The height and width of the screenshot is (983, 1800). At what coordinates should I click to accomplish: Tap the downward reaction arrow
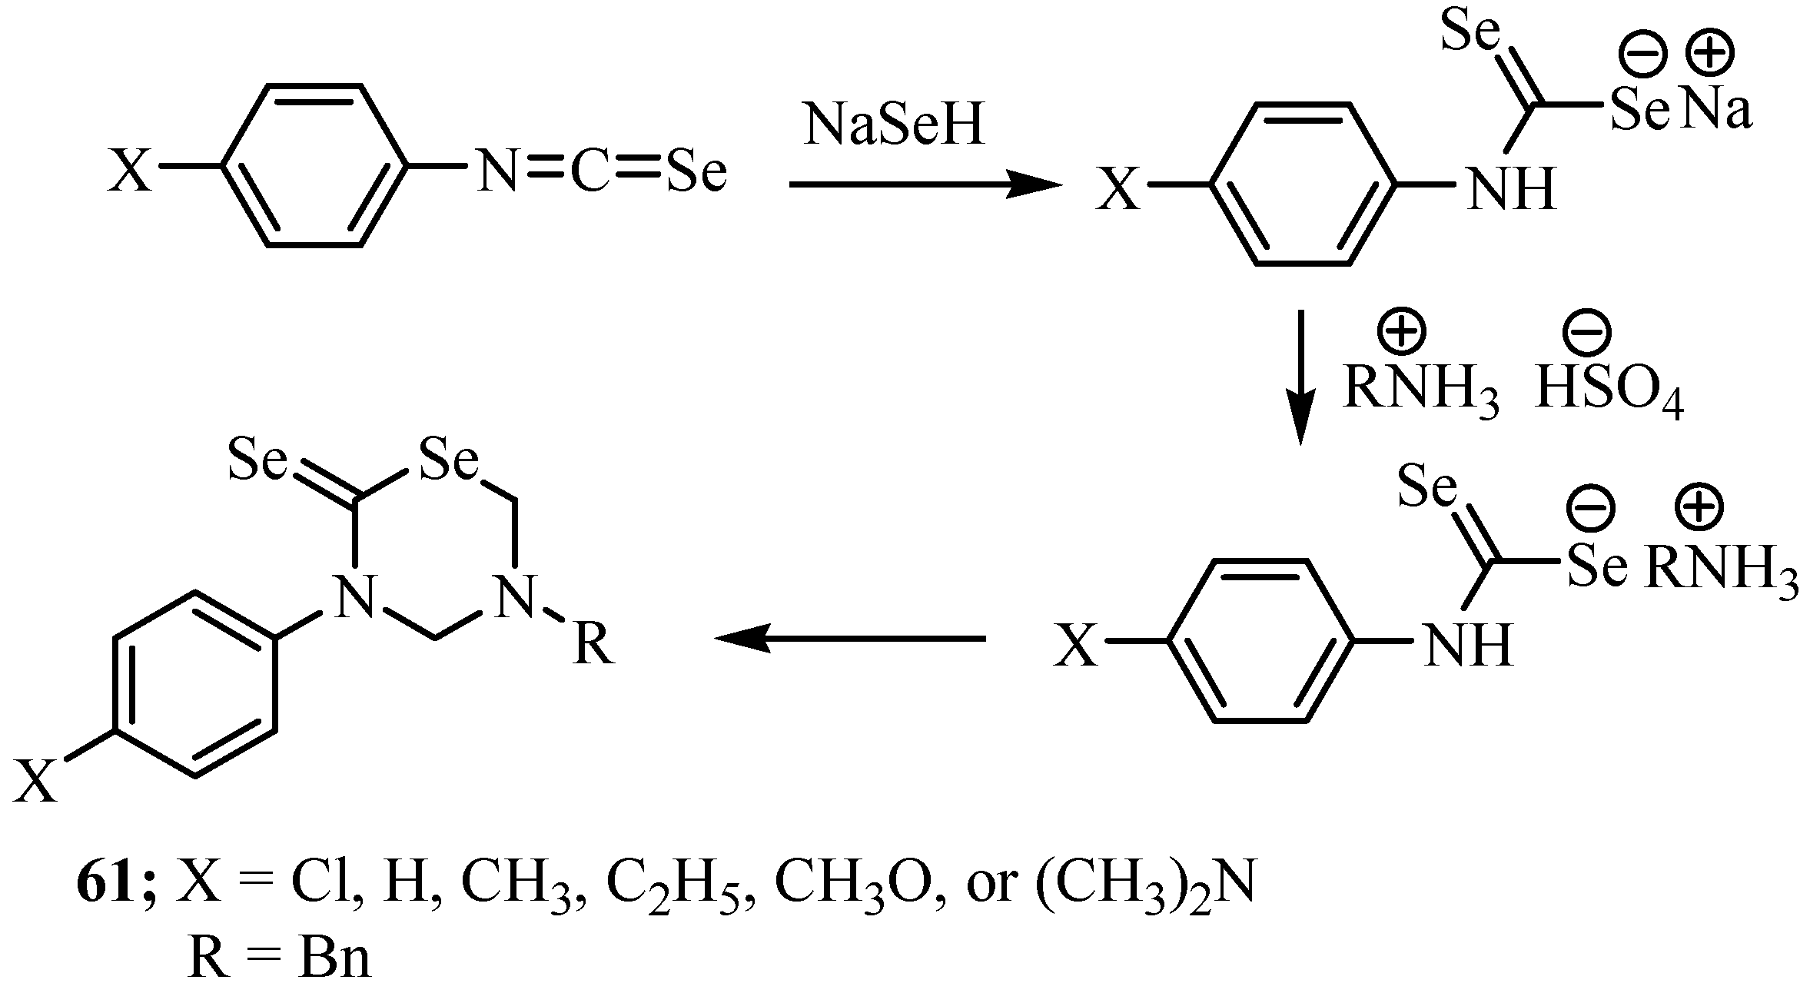pyautogui.click(x=1300, y=377)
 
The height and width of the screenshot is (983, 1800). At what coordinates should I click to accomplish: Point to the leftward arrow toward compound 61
pyautogui.click(x=849, y=638)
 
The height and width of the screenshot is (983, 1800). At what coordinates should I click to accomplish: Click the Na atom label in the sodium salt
pyautogui.click(x=1715, y=112)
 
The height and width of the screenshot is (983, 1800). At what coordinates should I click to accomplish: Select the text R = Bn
pyautogui.click(x=279, y=958)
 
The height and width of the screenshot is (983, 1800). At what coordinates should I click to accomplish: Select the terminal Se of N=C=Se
pyautogui.click(x=696, y=171)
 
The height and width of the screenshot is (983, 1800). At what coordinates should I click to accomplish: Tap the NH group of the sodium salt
pyautogui.click(x=1512, y=189)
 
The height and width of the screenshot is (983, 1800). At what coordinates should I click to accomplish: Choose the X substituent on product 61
pyautogui.click(x=36, y=781)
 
